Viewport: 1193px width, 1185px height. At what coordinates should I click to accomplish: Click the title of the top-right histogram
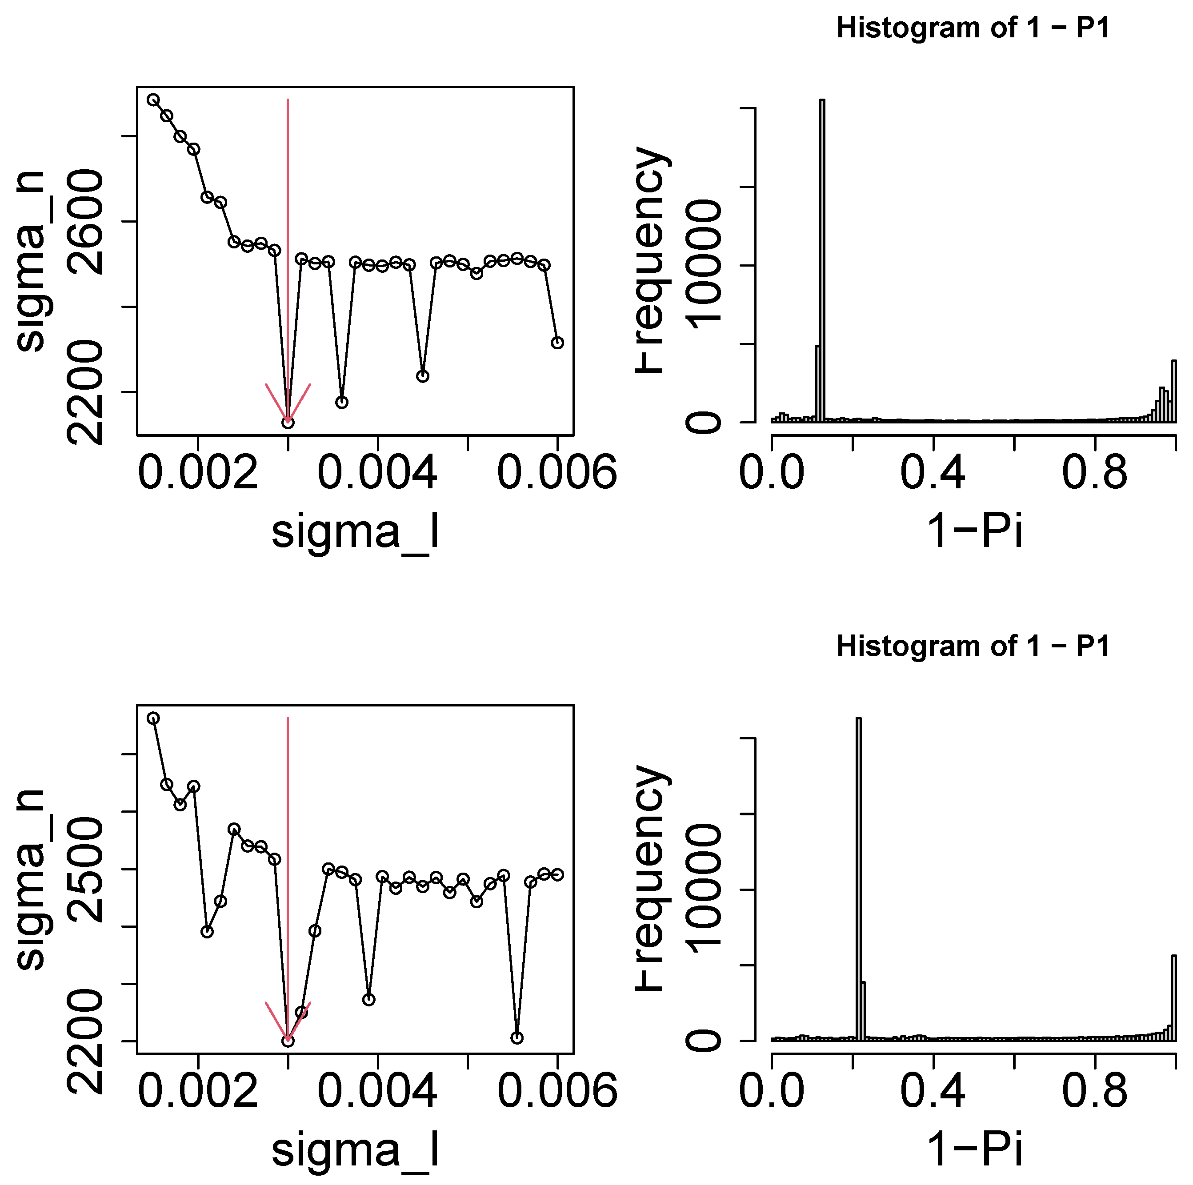[973, 28]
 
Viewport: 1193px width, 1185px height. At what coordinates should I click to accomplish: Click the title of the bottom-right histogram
[973, 646]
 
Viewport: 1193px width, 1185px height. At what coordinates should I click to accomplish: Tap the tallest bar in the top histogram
[822, 259]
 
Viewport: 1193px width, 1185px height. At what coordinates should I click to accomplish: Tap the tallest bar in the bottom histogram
[858, 876]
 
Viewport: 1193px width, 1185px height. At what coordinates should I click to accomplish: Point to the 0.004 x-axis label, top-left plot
[377, 473]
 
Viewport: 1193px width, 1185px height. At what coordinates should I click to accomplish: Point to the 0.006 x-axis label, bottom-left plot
[557, 1090]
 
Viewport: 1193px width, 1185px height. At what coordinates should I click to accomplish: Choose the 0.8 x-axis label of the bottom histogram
[1094, 1090]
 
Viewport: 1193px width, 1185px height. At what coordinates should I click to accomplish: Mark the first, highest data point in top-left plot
[153, 100]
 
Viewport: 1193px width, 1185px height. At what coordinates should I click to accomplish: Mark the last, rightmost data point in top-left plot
[557, 343]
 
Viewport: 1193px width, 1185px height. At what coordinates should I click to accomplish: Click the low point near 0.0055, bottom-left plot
[517, 1038]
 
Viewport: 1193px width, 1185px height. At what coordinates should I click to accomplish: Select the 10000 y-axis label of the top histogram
[704, 265]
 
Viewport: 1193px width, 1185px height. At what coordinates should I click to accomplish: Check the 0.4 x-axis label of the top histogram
[933, 473]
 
